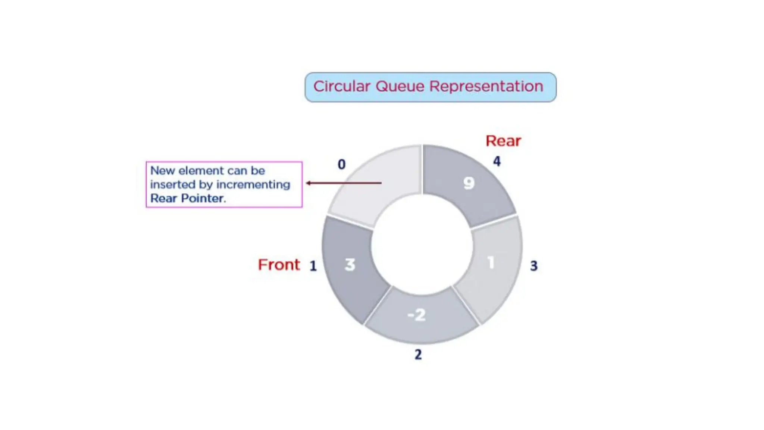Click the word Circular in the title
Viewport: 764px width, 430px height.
pyautogui.click(x=342, y=87)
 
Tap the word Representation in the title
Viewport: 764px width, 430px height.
pyautogui.click(x=486, y=87)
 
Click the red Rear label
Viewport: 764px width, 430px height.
pyautogui.click(x=503, y=141)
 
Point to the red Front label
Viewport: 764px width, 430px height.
pyautogui.click(x=279, y=265)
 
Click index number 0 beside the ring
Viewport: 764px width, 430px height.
pyautogui.click(x=341, y=164)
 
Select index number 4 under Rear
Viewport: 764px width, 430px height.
pyautogui.click(x=497, y=161)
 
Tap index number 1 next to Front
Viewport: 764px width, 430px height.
pyautogui.click(x=313, y=266)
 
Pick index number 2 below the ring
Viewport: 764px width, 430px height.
pyautogui.click(x=418, y=354)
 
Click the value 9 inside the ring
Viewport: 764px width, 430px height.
pyautogui.click(x=469, y=183)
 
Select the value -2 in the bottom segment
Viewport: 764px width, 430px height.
pyautogui.click(x=417, y=315)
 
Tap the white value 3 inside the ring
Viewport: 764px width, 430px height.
pyautogui.click(x=350, y=265)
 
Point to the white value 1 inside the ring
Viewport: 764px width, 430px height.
pyautogui.click(x=491, y=262)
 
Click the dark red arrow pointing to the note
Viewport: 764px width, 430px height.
pyautogui.click(x=343, y=183)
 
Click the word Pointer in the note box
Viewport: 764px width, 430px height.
pyautogui.click(x=203, y=198)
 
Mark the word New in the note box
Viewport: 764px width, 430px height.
pyautogui.click(x=162, y=171)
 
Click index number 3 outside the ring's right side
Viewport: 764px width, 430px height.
pyautogui.click(x=533, y=266)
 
